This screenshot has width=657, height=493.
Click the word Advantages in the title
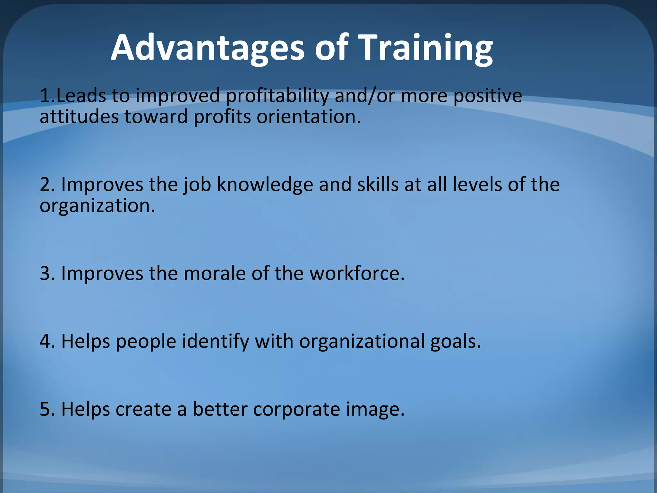(207, 48)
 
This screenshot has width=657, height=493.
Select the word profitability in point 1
(277, 96)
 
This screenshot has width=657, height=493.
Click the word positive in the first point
(487, 96)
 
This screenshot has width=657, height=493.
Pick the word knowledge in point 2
(265, 185)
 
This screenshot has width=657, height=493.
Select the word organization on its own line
(97, 206)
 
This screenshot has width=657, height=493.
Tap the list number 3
(47, 273)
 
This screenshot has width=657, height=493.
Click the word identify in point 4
(216, 342)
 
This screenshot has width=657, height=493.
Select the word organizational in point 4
(362, 342)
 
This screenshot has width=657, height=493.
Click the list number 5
(47, 409)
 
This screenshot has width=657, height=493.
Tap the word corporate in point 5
(296, 410)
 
